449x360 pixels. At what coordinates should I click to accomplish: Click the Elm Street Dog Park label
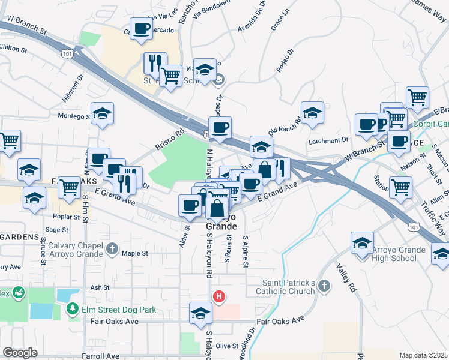[x=119, y=310]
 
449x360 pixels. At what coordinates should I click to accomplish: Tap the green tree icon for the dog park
[x=73, y=308]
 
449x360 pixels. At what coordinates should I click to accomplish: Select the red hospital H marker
[x=220, y=296]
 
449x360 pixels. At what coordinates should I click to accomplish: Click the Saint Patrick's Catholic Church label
[x=289, y=287]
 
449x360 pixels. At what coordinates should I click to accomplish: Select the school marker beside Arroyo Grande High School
[x=363, y=245]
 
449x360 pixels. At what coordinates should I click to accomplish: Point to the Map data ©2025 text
[x=424, y=355]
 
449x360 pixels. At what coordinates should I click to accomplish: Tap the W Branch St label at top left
[x=24, y=23]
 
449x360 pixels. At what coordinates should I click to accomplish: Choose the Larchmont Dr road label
[x=328, y=140]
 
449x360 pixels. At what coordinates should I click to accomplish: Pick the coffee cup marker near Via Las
[x=142, y=29]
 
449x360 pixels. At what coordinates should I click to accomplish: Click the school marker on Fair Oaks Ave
[x=200, y=313]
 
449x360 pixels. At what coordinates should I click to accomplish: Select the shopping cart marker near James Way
[x=417, y=96]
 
